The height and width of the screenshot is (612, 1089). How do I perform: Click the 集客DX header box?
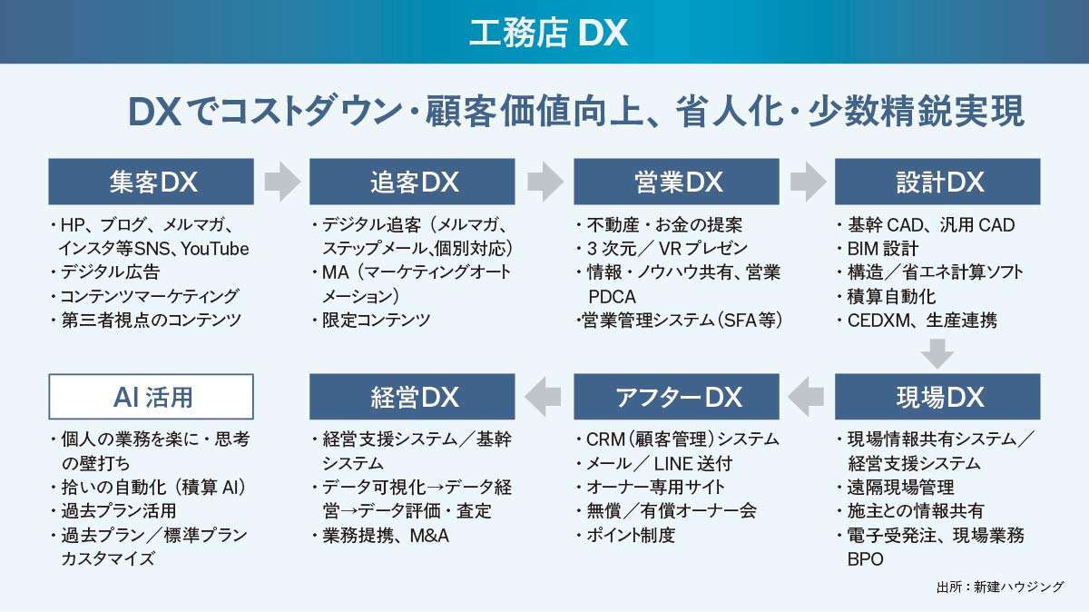pos(151,182)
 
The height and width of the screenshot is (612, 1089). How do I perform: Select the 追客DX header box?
pos(412,182)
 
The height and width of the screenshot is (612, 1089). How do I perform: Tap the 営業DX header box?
pos(676,182)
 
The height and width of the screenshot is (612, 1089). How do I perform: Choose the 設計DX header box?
pos(937,182)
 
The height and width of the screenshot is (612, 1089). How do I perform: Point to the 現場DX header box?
pos(937,397)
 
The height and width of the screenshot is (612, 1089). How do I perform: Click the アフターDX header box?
pos(676,397)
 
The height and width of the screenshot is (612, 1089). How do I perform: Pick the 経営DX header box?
pos(412,397)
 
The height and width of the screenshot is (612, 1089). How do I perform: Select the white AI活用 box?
pos(151,397)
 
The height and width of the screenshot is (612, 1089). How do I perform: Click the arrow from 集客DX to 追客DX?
pos(281,182)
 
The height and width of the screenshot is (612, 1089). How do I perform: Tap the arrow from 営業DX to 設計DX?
pos(807,182)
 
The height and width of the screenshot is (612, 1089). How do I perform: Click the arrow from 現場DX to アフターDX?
pos(807,397)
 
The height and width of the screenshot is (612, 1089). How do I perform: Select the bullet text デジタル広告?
pos(109,272)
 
